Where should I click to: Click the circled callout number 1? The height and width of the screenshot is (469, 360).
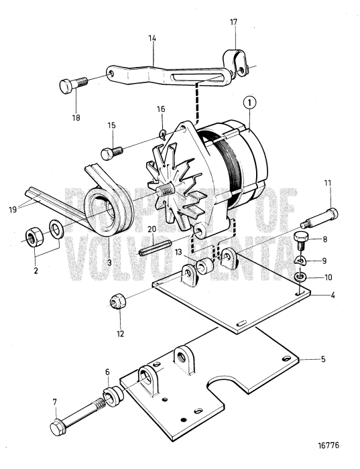[x=248, y=104]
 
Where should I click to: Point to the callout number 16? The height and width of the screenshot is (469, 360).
[x=160, y=109]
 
